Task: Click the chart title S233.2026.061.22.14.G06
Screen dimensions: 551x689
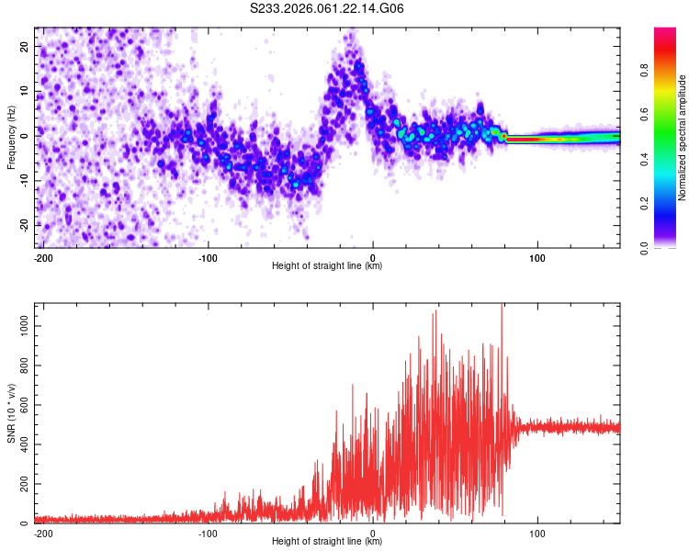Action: pyautogui.click(x=328, y=9)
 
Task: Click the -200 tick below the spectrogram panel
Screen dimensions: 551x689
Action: pyautogui.click(x=43, y=256)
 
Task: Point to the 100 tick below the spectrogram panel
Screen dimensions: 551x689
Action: pyautogui.click(x=537, y=256)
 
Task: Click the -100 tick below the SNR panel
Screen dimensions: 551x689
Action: pyautogui.click(x=208, y=533)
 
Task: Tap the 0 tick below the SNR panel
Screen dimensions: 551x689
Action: pyautogui.click(x=373, y=533)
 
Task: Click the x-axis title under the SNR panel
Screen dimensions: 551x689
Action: pyautogui.click(x=327, y=542)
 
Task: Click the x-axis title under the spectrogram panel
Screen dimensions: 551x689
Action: pyautogui.click(x=327, y=265)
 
